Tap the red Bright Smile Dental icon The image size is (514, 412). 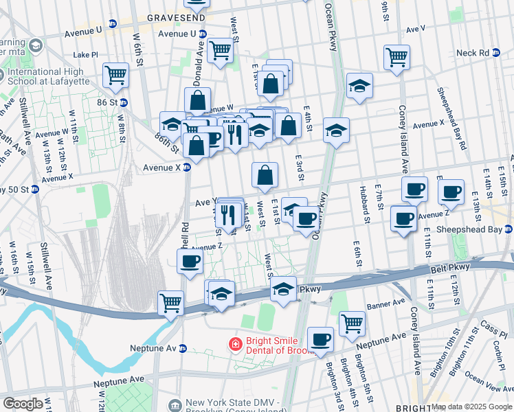coord(235,343)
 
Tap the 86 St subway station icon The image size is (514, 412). coord(123,102)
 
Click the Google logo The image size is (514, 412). coord(23,404)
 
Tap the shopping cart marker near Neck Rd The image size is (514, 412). coord(396,57)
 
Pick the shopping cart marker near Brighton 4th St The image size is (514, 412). coord(352,322)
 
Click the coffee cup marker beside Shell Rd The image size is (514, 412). coord(190,260)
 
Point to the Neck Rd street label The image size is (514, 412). coord(473,53)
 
